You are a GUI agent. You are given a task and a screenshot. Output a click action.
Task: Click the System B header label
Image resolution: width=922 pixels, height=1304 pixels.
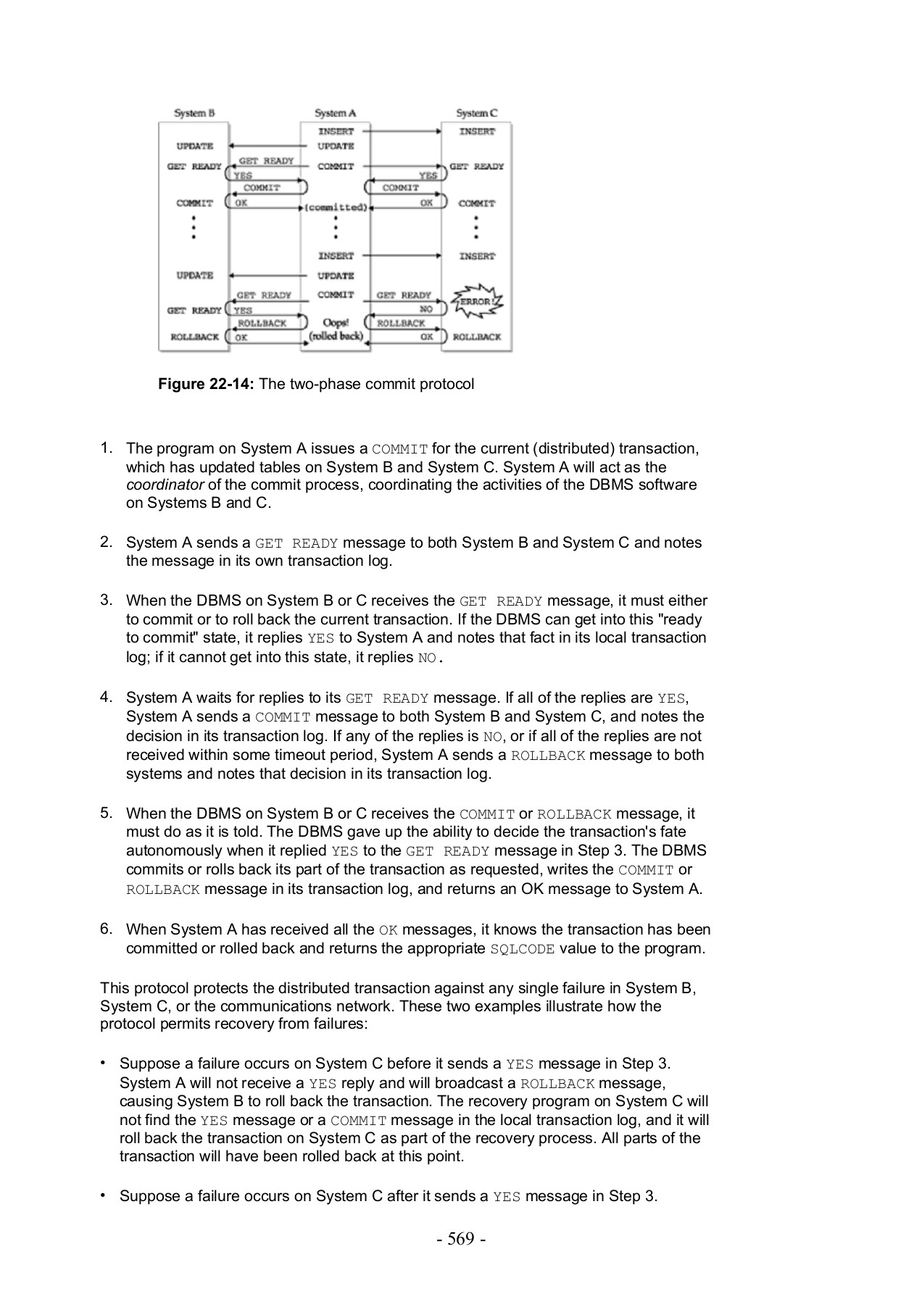click(194, 113)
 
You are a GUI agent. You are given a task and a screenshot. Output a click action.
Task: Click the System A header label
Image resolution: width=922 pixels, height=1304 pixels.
click(335, 113)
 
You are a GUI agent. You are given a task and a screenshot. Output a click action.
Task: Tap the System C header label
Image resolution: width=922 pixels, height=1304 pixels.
click(476, 113)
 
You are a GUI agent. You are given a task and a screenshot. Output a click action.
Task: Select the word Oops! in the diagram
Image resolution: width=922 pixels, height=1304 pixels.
click(336, 322)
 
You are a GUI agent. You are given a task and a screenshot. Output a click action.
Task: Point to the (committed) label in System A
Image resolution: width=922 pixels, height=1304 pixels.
click(336, 207)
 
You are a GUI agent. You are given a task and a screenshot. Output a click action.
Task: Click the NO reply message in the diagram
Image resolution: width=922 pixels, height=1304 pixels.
click(426, 309)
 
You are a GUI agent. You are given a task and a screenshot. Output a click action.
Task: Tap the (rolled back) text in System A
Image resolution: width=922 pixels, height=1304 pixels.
click(336, 336)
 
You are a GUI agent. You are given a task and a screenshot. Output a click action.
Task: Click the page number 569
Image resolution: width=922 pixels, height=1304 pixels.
click(461, 1239)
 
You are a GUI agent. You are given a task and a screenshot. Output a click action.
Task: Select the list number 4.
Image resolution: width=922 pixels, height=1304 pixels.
click(105, 697)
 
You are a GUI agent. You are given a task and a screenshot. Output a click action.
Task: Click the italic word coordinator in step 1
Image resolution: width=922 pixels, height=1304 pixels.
click(165, 485)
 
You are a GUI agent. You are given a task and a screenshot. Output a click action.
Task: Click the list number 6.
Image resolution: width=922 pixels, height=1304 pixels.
click(105, 929)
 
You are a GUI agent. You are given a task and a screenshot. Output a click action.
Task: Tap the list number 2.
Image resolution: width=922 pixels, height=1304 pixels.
click(105, 542)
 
